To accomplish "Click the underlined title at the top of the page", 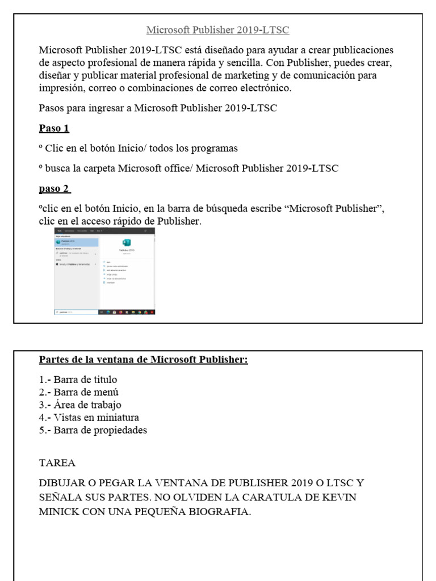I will click(x=218, y=30).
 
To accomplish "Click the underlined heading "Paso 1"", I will click(x=53, y=128).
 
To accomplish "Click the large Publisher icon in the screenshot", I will click(x=127, y=242).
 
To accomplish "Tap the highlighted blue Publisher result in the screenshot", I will click(x=76, y=242).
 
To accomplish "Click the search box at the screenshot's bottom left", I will click(x=76, y=311).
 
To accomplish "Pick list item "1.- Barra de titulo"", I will click(x=78, y=380).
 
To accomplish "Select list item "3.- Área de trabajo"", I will click(x=80, y=405).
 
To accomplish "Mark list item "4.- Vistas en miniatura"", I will click(x=89, y=418).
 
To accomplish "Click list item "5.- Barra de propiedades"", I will click(x=93, y=430).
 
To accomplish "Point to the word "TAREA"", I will click(x=57, y=462).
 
